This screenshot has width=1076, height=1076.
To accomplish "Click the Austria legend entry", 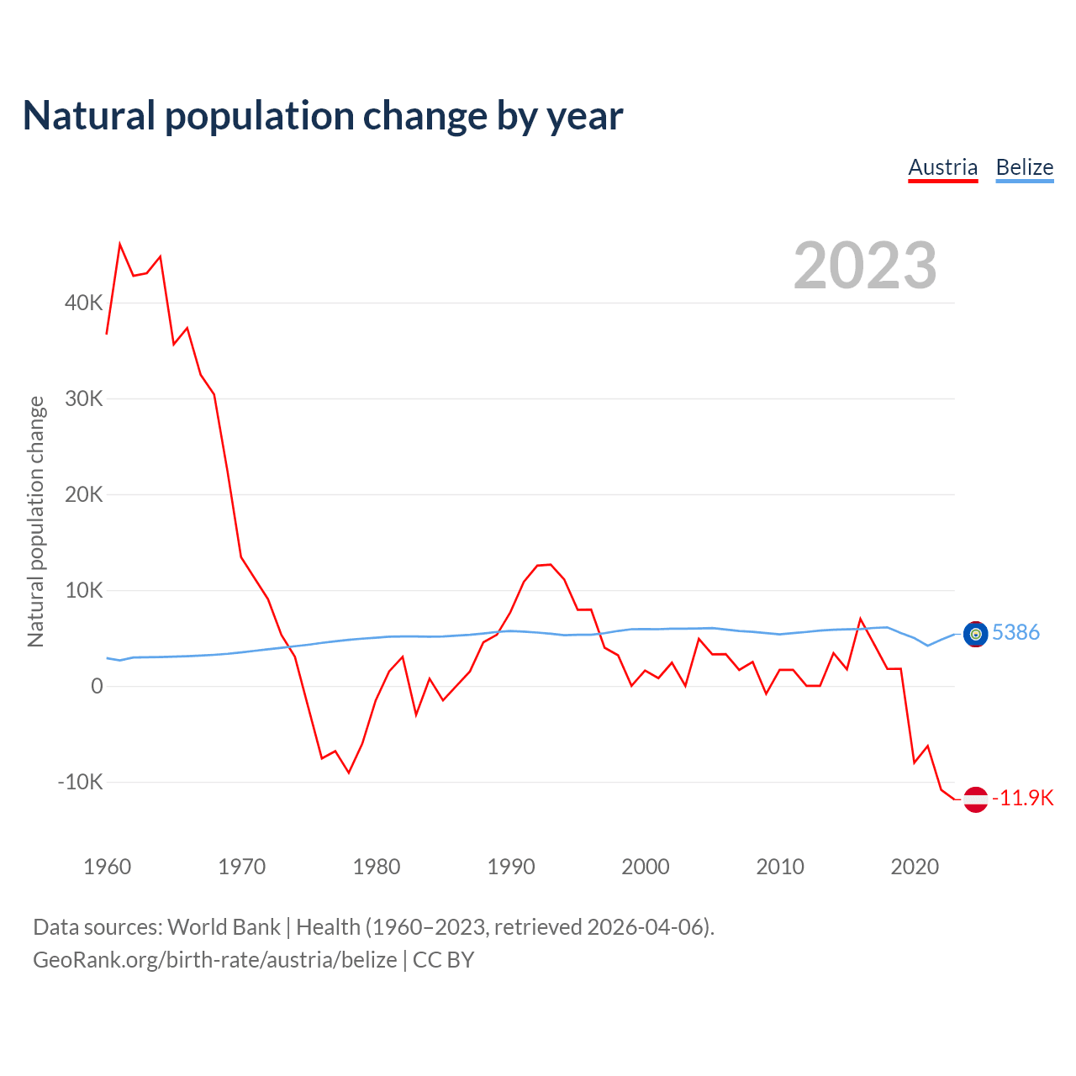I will tap(942, 167).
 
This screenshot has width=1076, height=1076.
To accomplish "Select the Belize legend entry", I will tap(1024, 167).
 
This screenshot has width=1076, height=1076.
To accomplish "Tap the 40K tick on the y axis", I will tap(83, 303).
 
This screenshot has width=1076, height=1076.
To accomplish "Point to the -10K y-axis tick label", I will tap(80, 782).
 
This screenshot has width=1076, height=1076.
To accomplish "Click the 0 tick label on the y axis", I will tap(97, 686).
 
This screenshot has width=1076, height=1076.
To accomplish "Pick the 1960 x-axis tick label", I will tap(108, 867).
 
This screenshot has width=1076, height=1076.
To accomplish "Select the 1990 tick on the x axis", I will tap(511, 867).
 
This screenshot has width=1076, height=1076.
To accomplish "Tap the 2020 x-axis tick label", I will tap(915, 867).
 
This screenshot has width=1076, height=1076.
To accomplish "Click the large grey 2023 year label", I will tap(865, 266).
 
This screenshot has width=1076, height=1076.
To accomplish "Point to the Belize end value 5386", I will tap(1015, 632).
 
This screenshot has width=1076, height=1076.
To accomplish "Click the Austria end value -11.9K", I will tap(1022, 798).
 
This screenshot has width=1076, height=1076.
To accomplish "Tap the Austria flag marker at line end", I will tap(975, 799).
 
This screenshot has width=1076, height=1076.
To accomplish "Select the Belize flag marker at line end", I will tap(975, 634).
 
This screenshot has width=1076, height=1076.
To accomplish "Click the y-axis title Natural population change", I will tap(36, 522).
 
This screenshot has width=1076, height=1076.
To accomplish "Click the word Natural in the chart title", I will tap(89, 116).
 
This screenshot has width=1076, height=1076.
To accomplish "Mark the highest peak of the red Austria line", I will tap(120, 245).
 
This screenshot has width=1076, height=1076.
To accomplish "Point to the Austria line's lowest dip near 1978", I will tap(349, 772).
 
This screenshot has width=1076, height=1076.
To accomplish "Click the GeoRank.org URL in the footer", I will tap(214, 960).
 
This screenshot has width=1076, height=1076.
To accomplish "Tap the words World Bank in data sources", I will tap(224, 927).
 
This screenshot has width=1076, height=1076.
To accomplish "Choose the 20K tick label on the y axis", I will tap(83, 494).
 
